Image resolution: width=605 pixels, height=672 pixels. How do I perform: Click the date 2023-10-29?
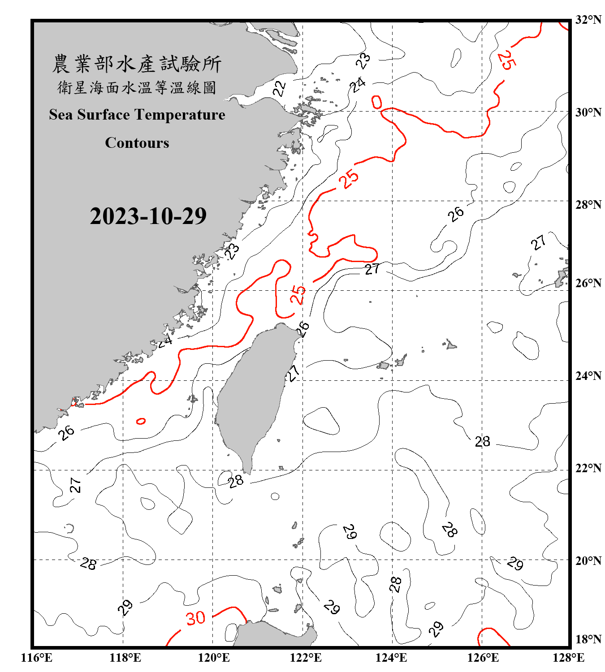pyautogui.click(x=148, y=216)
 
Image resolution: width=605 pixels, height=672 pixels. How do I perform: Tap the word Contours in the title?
pyautogui.click(x=137, y=143)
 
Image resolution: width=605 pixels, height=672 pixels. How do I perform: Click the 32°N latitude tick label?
pyautogui.click(x=588, y=20)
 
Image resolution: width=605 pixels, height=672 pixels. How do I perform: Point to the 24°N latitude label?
pyautogui.click(x=588, y=376)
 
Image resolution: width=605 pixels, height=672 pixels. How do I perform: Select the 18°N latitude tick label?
pyautogui.click(x=588, y=639)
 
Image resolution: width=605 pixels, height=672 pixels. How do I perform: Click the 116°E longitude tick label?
pyautogui.click(x=36, y=658)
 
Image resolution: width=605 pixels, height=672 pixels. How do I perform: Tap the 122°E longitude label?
pyautogui.click(x=306, y=658)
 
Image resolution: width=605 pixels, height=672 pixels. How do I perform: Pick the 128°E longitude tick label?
pyautogui.click(x=568, y=658)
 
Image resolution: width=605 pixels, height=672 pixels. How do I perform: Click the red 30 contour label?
pyautogui.click(x=196, y=618)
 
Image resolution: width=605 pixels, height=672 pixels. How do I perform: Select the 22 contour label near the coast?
pyautogui.click(x=279, y=88)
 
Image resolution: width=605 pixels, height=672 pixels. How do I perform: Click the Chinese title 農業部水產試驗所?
pyautogui.click(x=137, y=64)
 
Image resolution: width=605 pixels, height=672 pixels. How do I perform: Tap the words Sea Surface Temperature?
pyautogui.click(x=137, y=115)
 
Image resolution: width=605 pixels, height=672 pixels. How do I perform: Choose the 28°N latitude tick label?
pyautogui.click(x=588, y=205)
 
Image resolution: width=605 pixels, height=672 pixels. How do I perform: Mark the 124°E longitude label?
pyautogui.click(x=391, y=658)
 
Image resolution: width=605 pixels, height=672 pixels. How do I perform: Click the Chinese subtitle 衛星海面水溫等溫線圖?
pyautogui.click(x=137, y=87)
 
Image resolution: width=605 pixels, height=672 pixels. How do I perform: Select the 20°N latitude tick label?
pyautogui.click(x=588, y=560)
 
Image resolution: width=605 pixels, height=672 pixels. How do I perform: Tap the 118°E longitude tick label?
pyautogui.click(x=125, y=658)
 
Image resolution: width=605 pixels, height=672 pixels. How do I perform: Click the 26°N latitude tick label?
pyautogui.click(x=588, y=283)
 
